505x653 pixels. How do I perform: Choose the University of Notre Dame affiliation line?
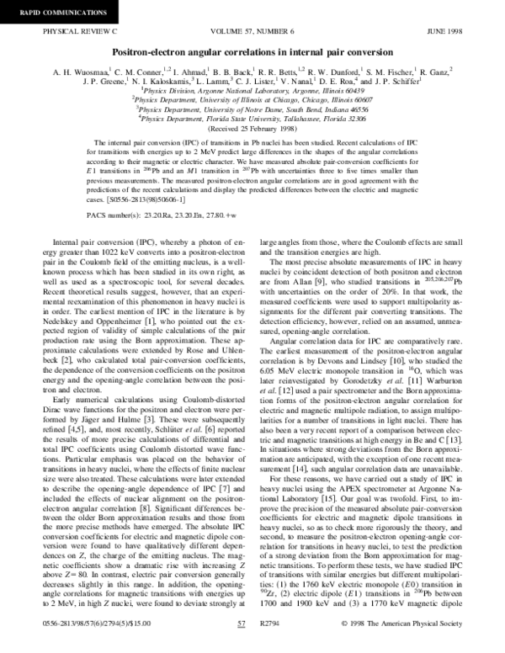click(x=252, y=109)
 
